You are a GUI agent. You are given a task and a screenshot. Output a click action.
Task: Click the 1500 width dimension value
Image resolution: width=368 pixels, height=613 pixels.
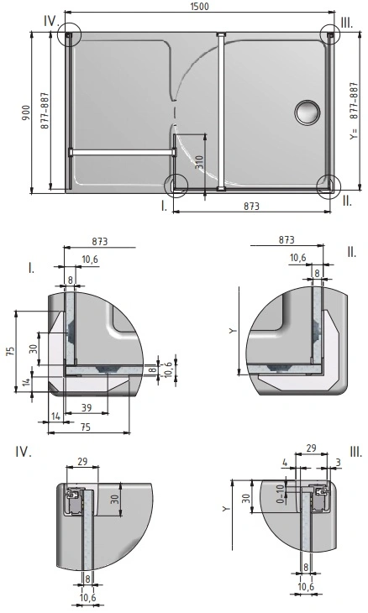pyautogui.click(x=200, y=7)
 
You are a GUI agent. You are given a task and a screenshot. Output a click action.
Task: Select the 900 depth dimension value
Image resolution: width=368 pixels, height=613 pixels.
pyautogui.click(x=25, y=113)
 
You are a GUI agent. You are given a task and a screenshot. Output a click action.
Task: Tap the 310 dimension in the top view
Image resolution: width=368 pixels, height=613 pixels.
pyautogui.click(x=199, y=162)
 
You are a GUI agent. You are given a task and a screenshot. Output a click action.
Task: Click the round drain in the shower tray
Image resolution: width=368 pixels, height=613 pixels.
pyautogui.click(x=308, y=113)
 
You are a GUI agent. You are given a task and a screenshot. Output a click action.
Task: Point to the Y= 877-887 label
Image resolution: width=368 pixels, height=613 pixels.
pyautogui.click(x=354, y=112)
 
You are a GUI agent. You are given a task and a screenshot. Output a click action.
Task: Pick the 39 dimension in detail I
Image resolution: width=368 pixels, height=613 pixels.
pyautogui.click(x=86, y=407)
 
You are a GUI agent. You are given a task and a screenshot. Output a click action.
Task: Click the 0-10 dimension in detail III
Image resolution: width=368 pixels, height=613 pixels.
pyautogui.click(x=280, y=494)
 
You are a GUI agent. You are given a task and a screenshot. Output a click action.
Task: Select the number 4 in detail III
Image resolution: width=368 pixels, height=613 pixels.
pyautogui.click(x=285, y=463)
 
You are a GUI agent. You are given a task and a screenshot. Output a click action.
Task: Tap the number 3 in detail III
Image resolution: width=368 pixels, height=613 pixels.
pyautogui.click(x=339, y=463)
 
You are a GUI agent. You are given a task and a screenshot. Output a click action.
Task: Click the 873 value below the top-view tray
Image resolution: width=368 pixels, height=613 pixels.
pyautogui.click(x=251, y=206)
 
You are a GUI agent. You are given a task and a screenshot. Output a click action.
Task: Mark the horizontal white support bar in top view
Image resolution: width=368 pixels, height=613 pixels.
pyautogui.click(x=123, y=152)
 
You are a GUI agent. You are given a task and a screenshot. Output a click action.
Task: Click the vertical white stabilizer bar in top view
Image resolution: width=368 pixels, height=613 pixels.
pyautogui.click(x=221, y=112)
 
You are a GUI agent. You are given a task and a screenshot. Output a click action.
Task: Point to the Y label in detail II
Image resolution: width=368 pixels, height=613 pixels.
pyautogui.click(x=233, y=331)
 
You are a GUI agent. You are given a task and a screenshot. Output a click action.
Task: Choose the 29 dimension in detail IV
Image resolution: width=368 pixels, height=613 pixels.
pyautogui.click(x=82, y=461)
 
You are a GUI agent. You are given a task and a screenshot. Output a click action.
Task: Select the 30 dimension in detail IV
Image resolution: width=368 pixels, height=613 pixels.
pyautogui.click(x=114, y=500)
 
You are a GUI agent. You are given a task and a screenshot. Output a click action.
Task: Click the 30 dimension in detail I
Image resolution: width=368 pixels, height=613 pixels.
pyautogui.click(x=34, y=348)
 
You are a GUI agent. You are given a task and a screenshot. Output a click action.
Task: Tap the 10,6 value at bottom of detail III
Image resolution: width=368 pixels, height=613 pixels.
pyautogui.click(x=306, y=586)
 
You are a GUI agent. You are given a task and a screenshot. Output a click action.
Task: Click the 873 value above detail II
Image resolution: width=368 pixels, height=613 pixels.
pyautogui.click(x=287, y=239)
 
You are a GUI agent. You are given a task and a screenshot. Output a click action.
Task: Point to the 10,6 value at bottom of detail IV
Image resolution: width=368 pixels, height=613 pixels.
pyautogui.click(x=87, y=598)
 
